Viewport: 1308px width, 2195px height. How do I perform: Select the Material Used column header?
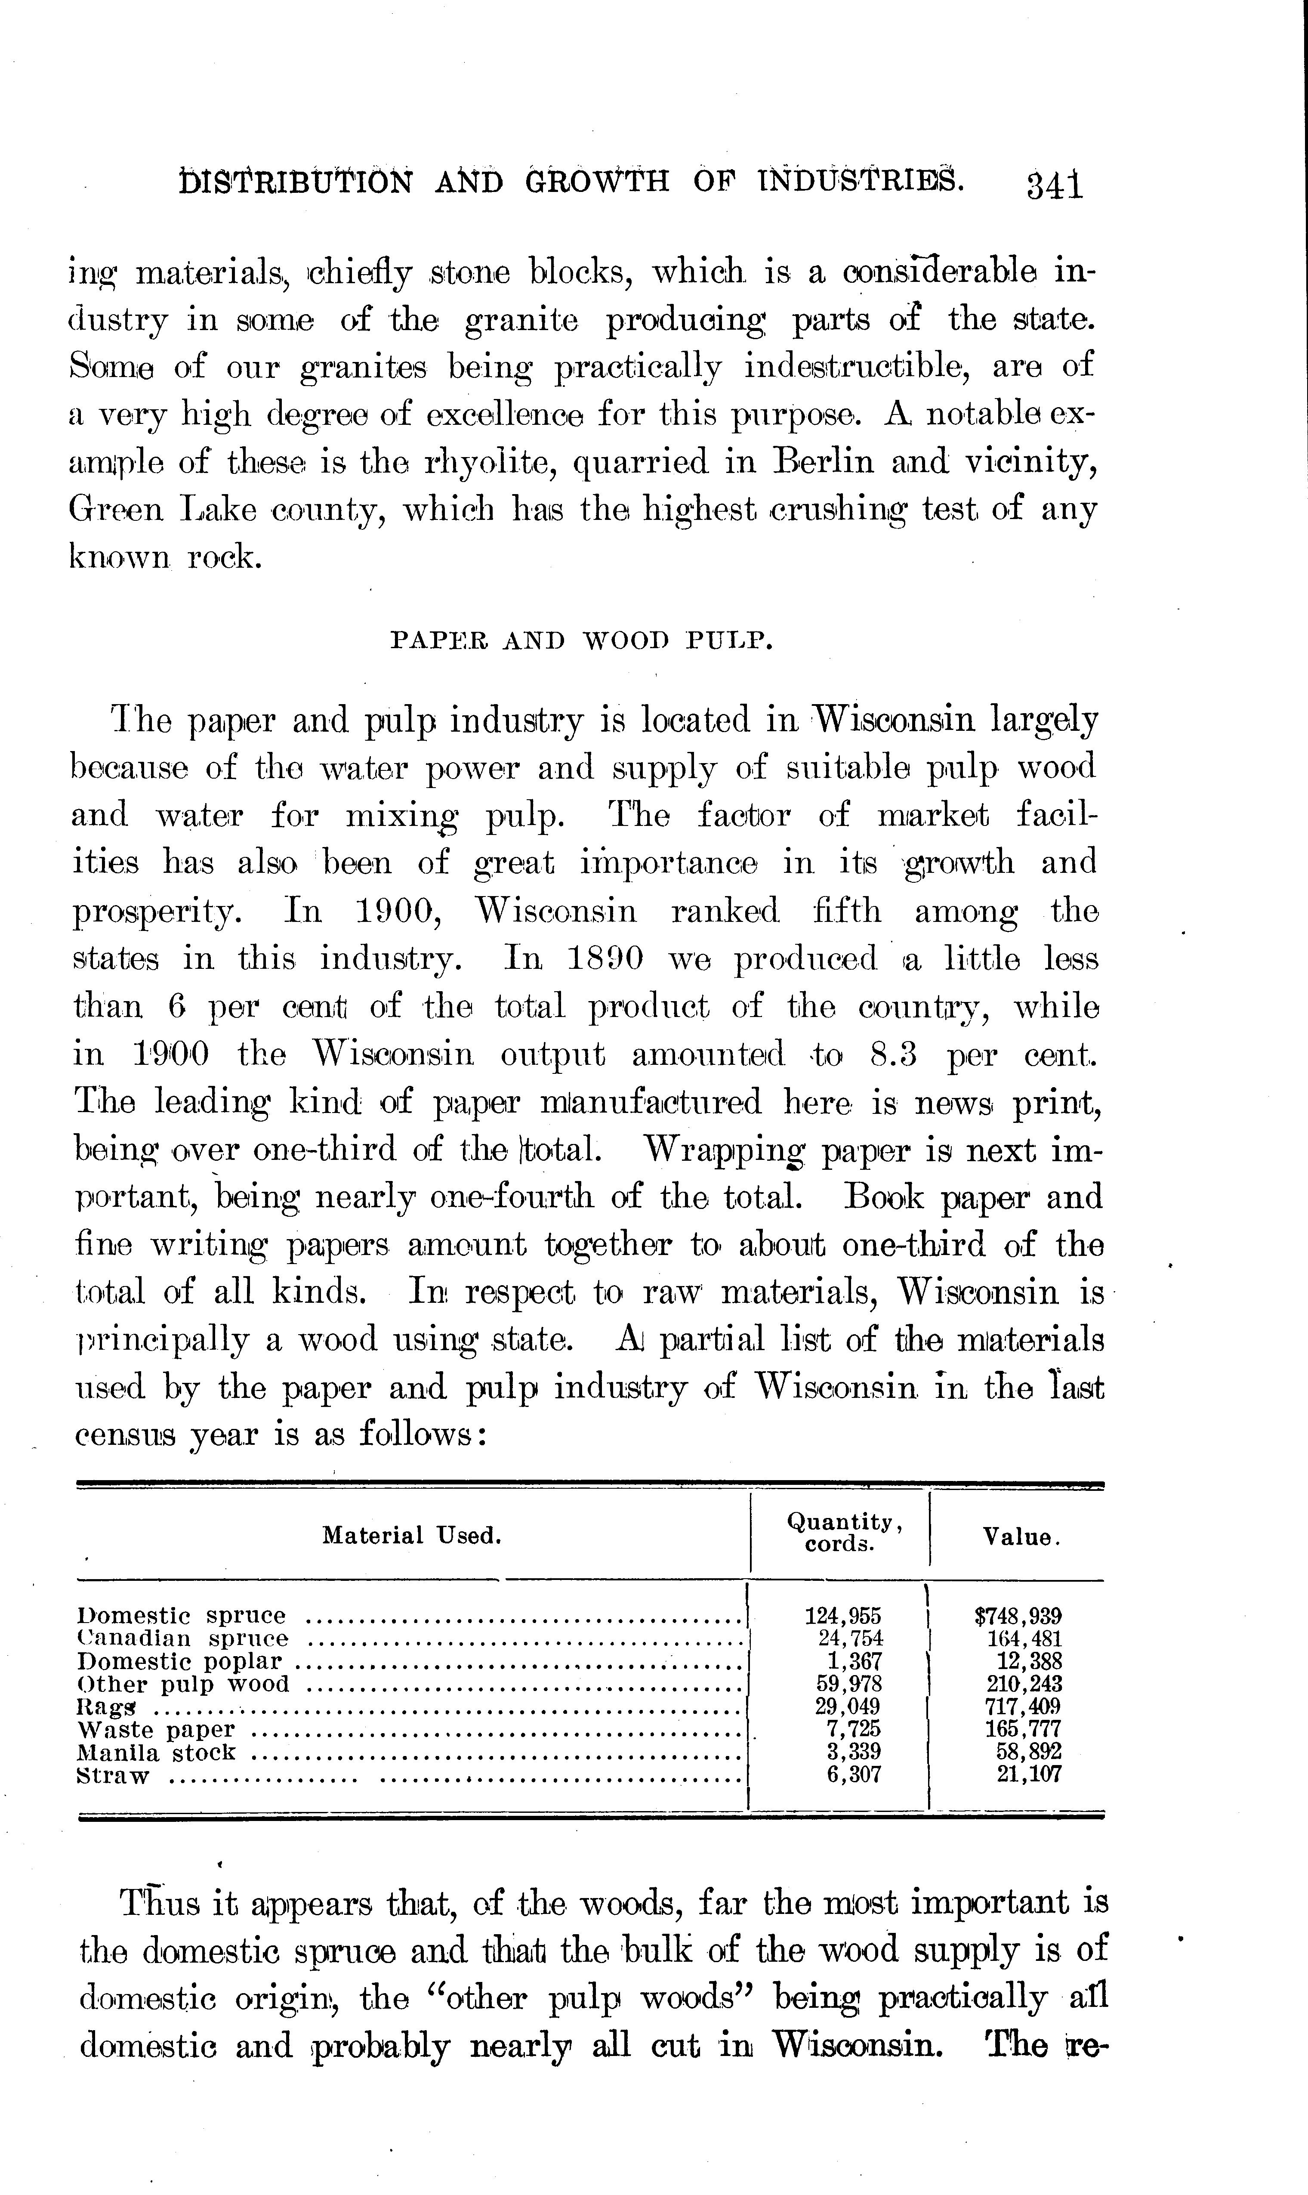click(x=412, y=1536)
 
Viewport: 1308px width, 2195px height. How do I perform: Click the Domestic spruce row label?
click(x=182, y=1616)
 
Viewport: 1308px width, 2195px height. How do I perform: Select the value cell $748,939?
click(x=1018, y=1616)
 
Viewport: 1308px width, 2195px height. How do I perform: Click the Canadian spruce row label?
click(x=183, y=1639)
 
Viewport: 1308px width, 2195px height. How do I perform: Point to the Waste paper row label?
click(x=157, y=1730)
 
